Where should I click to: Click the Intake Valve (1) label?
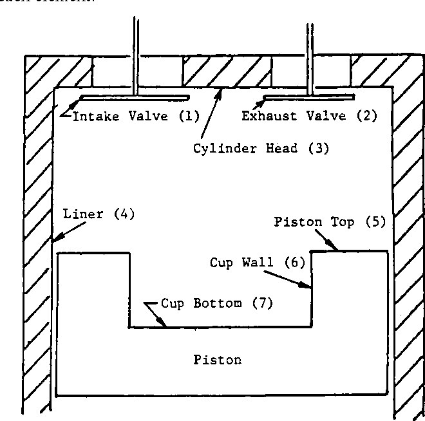[x=135, y=117]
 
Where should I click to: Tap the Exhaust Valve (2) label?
[x=309, y=117]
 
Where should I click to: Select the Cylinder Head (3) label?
[x=261, y=148]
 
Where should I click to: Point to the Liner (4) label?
[x=98, y=214]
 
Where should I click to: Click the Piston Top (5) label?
[x=329, y=223]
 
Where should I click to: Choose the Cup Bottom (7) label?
[x=216, y=303]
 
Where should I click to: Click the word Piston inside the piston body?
[x=218, y=359]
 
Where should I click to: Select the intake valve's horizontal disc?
[x=135, y=97]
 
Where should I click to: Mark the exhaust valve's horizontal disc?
[x=309, y=98]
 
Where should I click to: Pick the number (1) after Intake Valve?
[x=190, y=117]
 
